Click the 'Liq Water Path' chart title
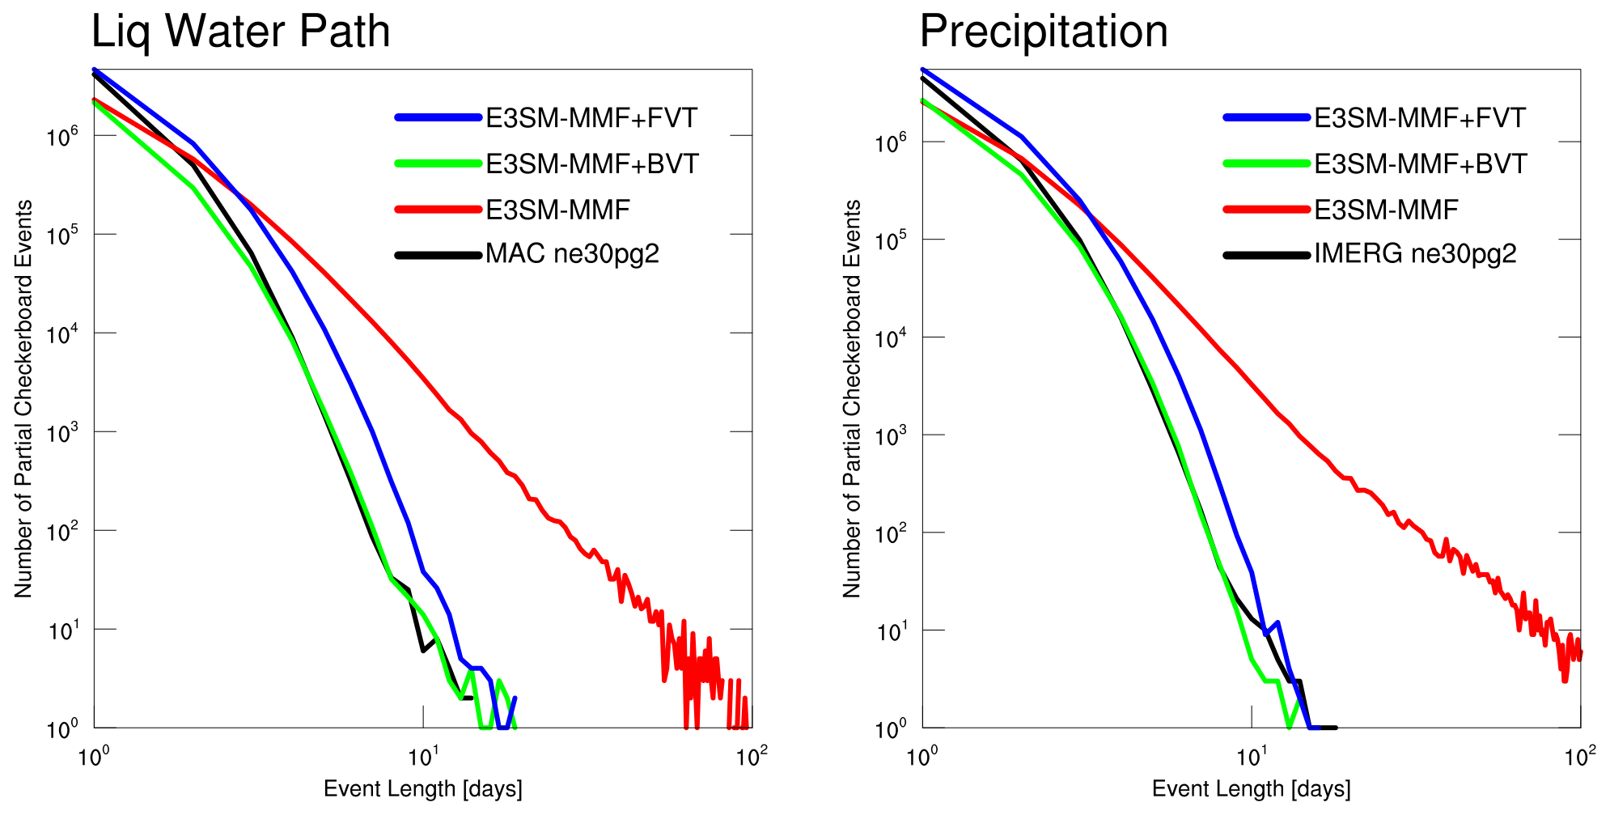coord(240,32)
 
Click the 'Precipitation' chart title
coord(1044,32)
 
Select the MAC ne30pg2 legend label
coord(572,254)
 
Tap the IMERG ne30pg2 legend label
coord(1415,254)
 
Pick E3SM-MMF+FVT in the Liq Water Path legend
coord(591,118)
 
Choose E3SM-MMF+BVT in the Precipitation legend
coord(1420,164)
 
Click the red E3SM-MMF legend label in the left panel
coord(557,210)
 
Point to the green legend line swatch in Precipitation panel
coord(1266,163)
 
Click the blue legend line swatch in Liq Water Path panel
coord(438,118)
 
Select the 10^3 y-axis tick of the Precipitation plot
coord(890,435)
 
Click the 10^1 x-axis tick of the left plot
coord(422,758)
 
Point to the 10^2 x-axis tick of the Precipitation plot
coord(1579,758)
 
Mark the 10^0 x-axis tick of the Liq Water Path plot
coord(94,758)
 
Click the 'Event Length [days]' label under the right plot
coord(1251,789)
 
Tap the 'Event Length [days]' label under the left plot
coord(422,789)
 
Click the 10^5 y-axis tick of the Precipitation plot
coord(890,239)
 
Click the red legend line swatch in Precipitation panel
coord(1266,210)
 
